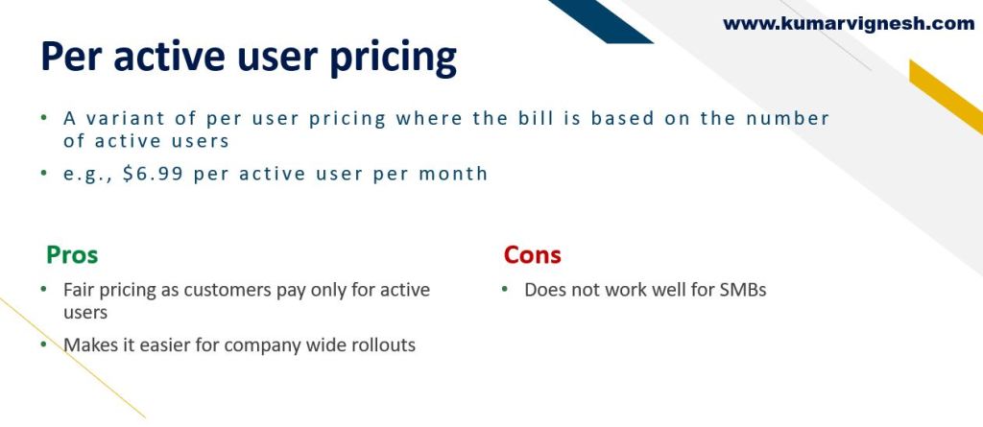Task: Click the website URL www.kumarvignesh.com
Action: [x=849, y=24]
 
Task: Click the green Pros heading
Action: [x=72, y=254]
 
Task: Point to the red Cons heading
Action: [x=532, y=254]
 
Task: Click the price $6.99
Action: [x=153, y=173]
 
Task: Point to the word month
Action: [x=453, y=173]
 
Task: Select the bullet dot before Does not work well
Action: [x=505, y=289]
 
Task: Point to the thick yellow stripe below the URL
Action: [x=946, y=97]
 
